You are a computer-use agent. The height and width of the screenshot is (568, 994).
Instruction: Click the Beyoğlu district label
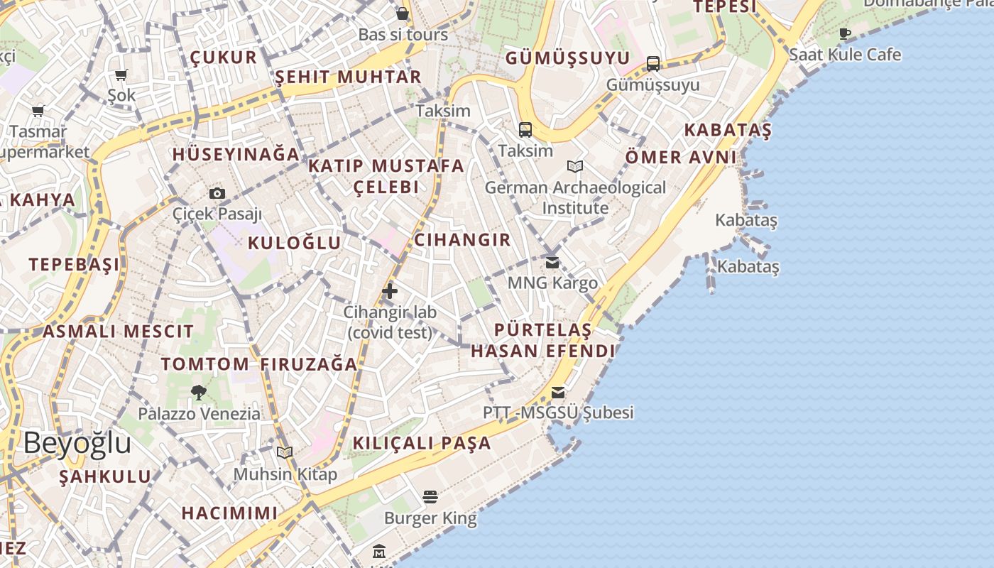[x=77, y=443]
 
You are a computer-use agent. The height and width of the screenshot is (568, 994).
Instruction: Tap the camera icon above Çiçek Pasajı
[x=217, y=193]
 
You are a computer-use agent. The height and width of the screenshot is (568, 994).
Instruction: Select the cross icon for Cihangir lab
[x=390, y=290]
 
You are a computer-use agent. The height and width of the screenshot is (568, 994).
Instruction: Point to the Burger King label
[x=430, y=518]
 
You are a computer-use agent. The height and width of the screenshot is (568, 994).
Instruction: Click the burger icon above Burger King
[x=430, y=496]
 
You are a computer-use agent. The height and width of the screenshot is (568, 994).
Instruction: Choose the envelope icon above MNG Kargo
[x=552, y=263]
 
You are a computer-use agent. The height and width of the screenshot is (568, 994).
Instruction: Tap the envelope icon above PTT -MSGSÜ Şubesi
[x=558, y=393]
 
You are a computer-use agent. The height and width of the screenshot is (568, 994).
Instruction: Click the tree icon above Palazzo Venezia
[x=199, y=392]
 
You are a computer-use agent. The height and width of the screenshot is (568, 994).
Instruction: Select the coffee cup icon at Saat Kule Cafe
[x=845, y=33]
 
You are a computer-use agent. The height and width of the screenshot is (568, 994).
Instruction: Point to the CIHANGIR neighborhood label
[x=462, y=240]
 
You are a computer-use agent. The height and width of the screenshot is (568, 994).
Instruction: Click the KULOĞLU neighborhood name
[x=294, y=244]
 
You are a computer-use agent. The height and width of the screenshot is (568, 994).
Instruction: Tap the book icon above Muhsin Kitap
[x=285, y=452]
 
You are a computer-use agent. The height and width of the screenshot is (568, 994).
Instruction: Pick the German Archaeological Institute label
[x=575, y=198]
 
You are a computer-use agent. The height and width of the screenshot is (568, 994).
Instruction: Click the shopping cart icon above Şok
[x=121, y=75]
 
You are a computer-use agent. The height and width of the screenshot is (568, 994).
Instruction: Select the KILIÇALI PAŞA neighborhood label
[x=422, y=443]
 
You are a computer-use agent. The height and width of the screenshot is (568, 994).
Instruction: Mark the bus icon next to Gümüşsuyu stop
[x=653, y=64]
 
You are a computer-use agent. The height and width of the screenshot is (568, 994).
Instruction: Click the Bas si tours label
[x=403, y=34]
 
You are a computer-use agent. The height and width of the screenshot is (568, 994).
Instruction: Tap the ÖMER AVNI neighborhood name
[x=680, y=157]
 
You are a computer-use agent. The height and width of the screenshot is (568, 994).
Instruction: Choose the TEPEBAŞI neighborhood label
[x=75, y=265]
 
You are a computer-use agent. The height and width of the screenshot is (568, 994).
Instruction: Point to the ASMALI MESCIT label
[x=118, y=331]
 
